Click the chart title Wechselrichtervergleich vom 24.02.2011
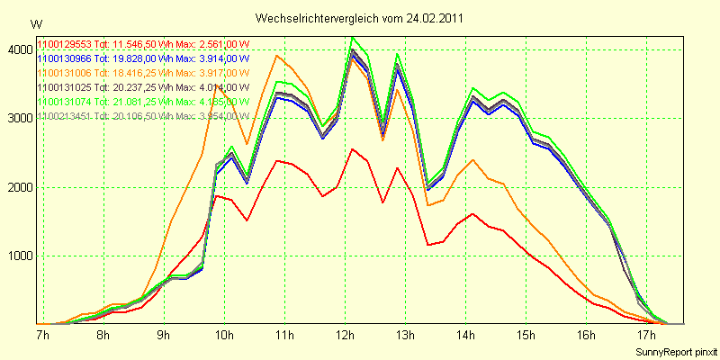click(x=359, y=19)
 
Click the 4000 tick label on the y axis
click(x=17, y=50)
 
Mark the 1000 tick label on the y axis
click(x=17, y=256)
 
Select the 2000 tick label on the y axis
click(x=17, y=187)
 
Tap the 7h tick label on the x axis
click(x=41, y=336)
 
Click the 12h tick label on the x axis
click(x=346, y=336)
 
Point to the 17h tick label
click(x=649, y=336)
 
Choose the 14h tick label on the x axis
click(x=467, y=336)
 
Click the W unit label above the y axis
click(x=35, y=24)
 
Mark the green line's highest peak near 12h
click(x=353, y=38)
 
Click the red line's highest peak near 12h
click(x=353, y=149)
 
